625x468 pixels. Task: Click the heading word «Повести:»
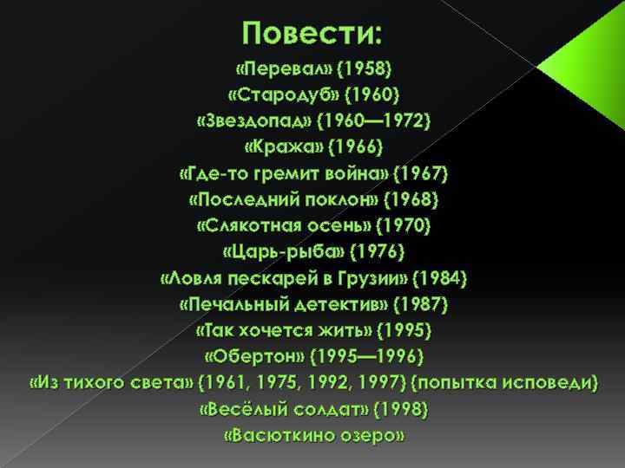coord(312,34)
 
